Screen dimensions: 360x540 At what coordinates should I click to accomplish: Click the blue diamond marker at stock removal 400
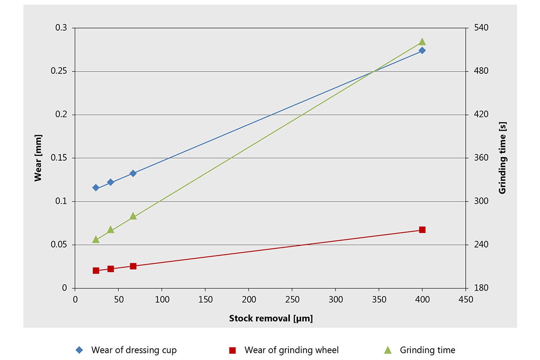click(x=422, y=50)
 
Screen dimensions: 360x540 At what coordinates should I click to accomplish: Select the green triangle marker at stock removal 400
click(x=422, y=42)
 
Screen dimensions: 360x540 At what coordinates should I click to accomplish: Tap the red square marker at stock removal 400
click(x=422, y=230)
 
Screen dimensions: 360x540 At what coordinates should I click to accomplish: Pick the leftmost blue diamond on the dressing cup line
click(x=96, y=188)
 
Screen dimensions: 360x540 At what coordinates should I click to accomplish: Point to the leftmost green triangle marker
click(x=96, y=239)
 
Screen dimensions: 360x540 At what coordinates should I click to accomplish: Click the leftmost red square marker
click(x=96, y=270)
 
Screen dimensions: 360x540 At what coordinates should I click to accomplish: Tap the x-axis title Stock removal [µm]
click(x=270, y=319)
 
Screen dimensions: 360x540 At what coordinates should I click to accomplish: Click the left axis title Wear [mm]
click(x=38, y=158)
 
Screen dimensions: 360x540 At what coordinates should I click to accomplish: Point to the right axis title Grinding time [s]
click(x=503, y=158)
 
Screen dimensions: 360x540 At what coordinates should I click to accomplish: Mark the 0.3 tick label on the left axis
click(x=61, y=28)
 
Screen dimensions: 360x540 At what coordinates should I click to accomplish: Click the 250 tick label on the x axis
click(x=292, y=299)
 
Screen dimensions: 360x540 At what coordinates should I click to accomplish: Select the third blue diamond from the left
click(x=133, y=173)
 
